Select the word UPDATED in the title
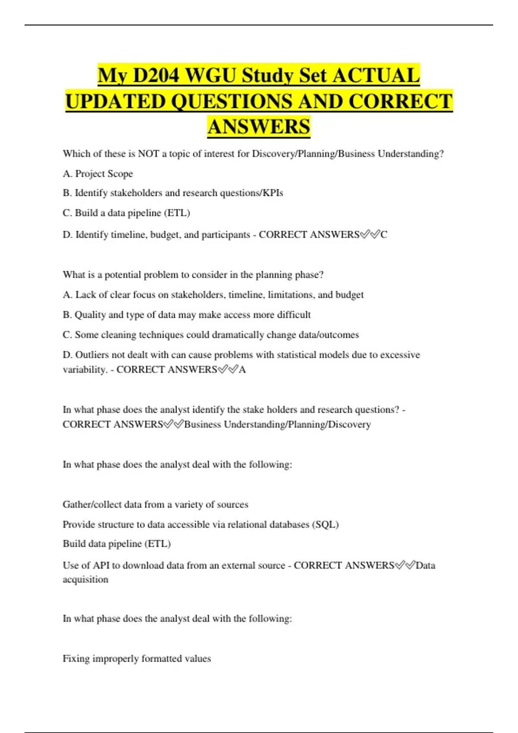[115, 102]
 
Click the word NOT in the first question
[148, 154]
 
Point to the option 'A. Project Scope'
[98, 174]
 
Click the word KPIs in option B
[273, 193]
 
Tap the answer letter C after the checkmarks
[384, 235]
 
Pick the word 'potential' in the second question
[123, 275]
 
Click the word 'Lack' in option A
[85, 295]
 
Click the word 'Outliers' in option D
[92, 355]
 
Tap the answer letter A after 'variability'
[243, 370]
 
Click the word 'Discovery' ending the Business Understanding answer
[349, 425]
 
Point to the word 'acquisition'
[85, 580]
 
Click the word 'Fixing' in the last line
[76, 659]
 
